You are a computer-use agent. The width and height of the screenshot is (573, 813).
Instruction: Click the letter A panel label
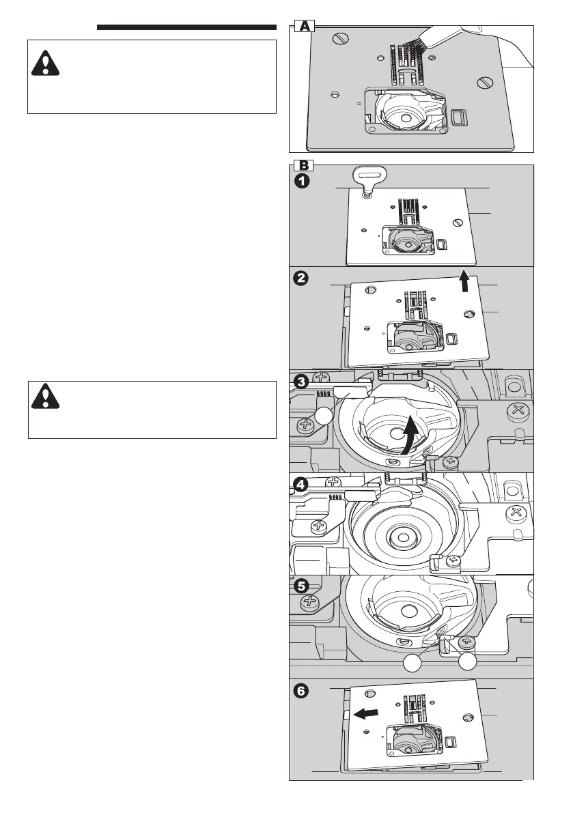point(304,27)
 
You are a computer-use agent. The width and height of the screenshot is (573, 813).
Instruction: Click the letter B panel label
point(304,165)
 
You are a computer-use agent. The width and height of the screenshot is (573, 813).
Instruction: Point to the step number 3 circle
point(302,380)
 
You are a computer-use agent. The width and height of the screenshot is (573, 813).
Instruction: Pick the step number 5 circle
point(302,586)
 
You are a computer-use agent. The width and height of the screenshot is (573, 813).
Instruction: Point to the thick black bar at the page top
point(186,28)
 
